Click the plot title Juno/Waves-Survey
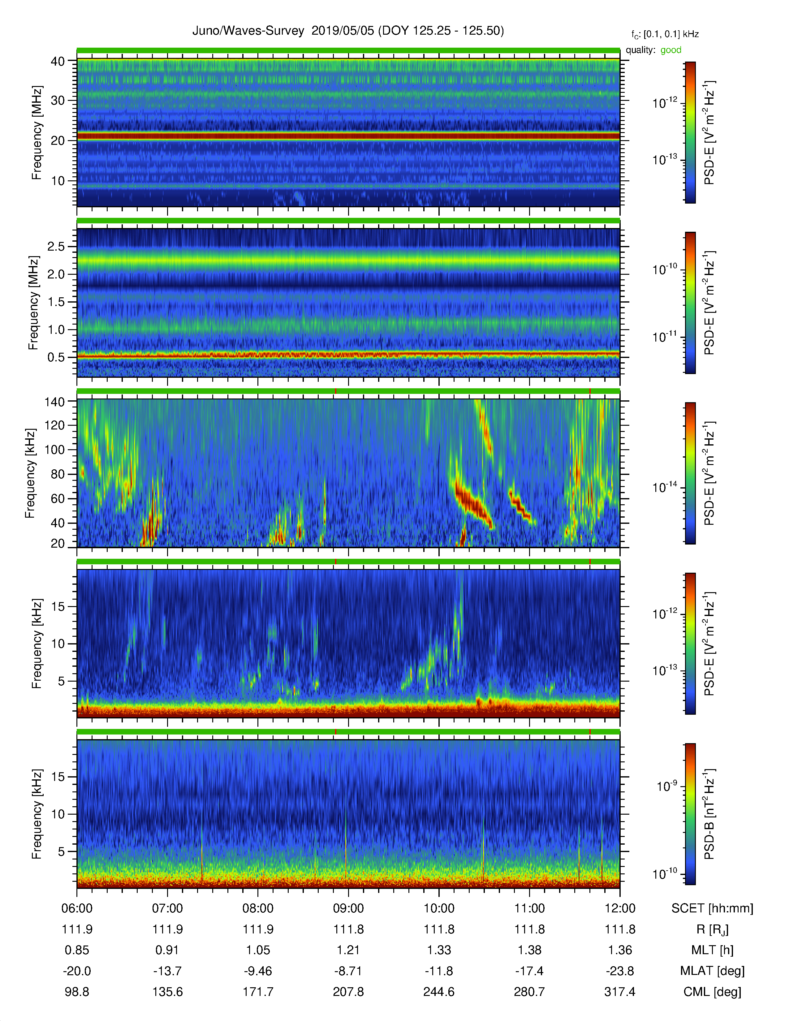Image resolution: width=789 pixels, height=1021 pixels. [248, 31]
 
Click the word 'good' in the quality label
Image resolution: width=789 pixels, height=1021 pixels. [671, 50]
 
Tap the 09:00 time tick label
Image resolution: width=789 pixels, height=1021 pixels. [348, 908]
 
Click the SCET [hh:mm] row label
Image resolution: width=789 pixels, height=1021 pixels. [712, 908]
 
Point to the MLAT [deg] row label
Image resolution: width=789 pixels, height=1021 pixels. [712, 971]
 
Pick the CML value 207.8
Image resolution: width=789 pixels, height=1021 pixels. [348, 992]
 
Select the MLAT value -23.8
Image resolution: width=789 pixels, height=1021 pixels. [620, 971]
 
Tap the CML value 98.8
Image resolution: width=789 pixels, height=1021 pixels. [77, 992]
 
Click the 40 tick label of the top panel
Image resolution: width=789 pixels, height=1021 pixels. [58, 61]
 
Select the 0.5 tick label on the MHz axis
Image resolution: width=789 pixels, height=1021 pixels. [56, 357]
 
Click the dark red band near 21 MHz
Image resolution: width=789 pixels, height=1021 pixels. [348, 136]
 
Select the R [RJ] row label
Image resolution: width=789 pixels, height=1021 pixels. [712, 929]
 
